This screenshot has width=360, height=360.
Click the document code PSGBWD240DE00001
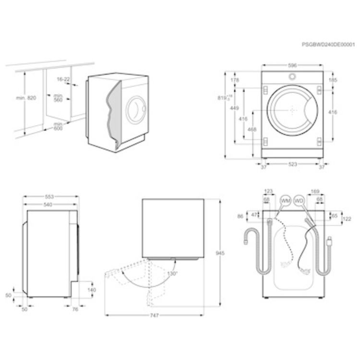tap(328, 44)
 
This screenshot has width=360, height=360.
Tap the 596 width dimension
tap(292, 65)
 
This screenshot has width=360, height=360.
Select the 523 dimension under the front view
tap(293, 164)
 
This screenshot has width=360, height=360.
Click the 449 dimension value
tap(235, 108)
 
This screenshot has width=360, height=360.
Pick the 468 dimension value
tap(252, 130)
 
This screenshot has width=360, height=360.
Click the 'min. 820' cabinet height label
tap(26, 98)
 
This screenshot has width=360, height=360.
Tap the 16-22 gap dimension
tap(63, 79)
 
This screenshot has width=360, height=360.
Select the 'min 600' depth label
tap(58, 126)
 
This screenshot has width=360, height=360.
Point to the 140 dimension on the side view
tap(92, 290)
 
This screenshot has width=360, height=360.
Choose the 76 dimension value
tap(75, 310)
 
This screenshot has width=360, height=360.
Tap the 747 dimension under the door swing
tap(154, 315)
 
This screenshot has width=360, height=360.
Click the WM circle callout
tap(286, 200)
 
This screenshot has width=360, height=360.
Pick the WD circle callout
tap(300, 200)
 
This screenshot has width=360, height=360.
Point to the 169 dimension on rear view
tap(314, 191)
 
